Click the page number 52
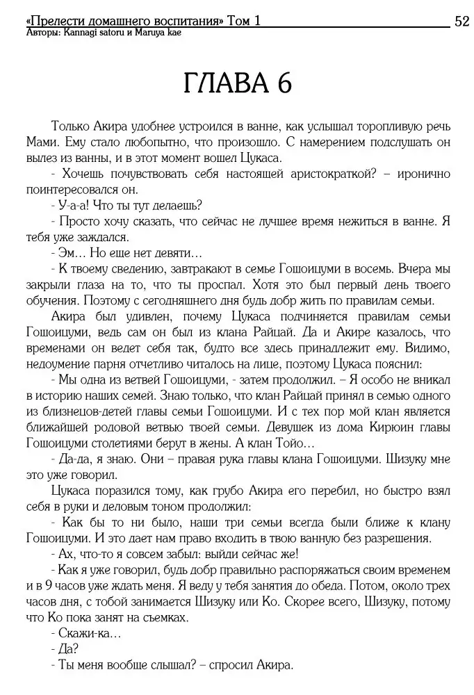461,22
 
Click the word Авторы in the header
40,33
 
